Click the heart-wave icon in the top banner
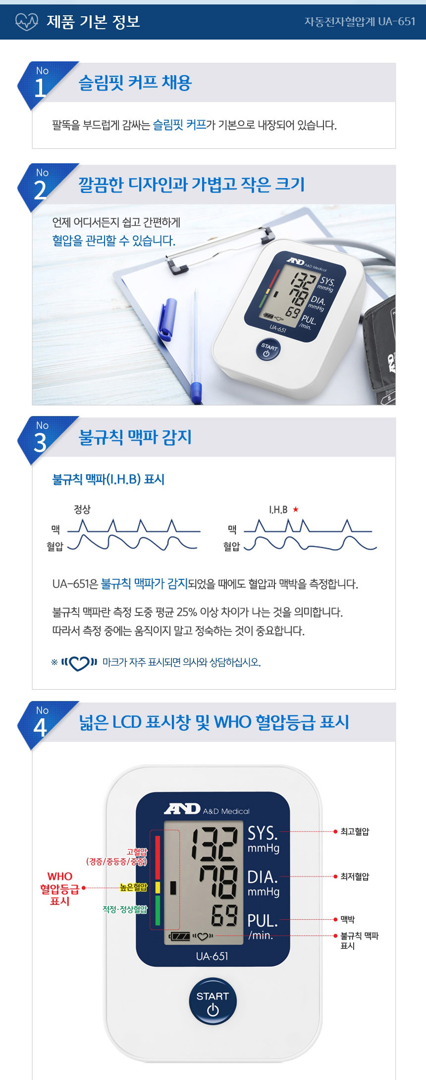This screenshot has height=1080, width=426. tap(27, 21)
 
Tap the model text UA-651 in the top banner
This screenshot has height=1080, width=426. tap(397, 21)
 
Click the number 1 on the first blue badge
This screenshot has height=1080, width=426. tap(41, 88)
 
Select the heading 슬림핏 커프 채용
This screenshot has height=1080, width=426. tap(135, 82)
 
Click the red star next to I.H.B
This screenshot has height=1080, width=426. tap(296, 509)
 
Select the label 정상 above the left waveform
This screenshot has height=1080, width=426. tap(82, 509)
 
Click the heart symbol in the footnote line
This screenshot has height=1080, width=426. tap(79, 662)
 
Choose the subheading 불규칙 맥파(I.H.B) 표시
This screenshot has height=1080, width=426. tap(108, 479)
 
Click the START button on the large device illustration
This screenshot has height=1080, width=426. tap(213, 1001)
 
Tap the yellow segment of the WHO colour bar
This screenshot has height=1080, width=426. tap(158, 887)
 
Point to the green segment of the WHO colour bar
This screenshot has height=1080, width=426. tap(158, 910)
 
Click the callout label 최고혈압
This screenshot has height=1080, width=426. tap(355, 832)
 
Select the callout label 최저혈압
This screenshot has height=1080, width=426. tap(355, 876)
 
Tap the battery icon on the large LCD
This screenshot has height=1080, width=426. tap(179, 936)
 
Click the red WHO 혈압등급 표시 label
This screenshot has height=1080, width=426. tap(60, 889)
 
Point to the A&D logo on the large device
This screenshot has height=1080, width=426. tap(182, 809)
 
